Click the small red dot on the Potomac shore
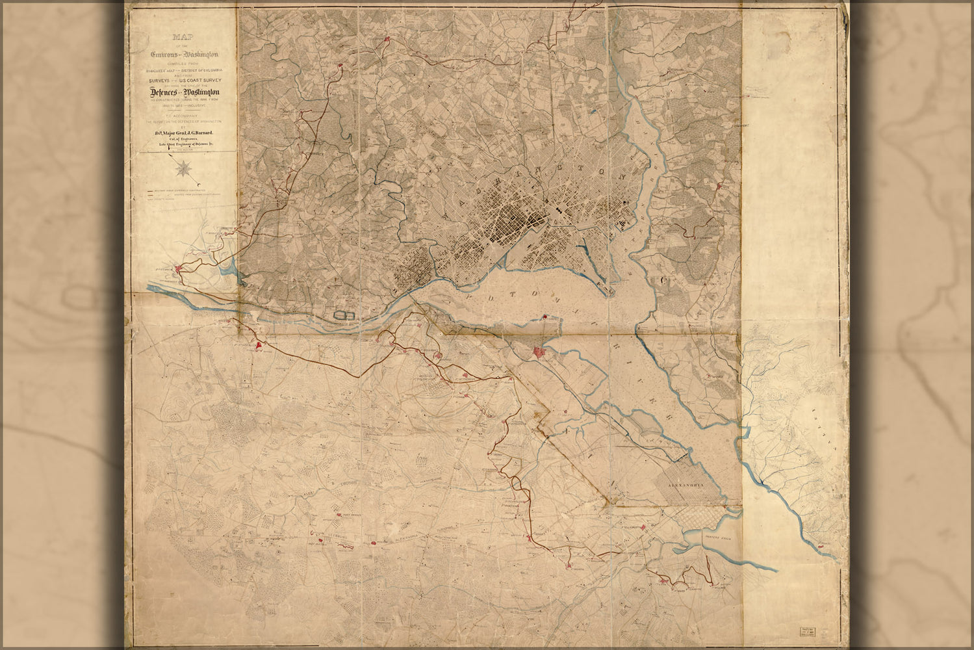544,317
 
